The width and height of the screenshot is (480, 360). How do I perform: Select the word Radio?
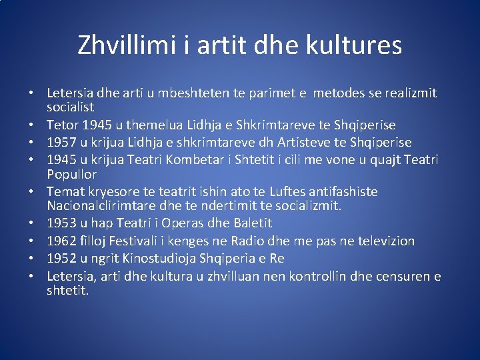(259, 241)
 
